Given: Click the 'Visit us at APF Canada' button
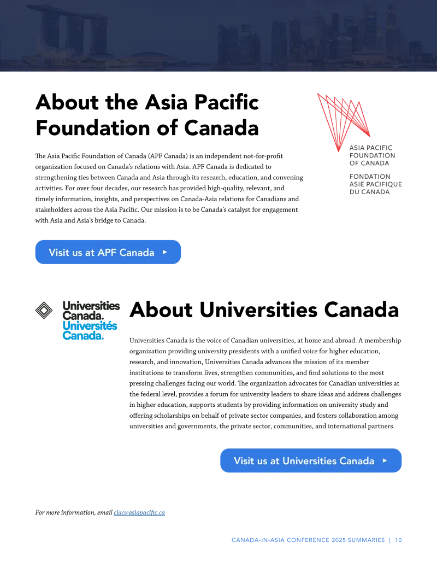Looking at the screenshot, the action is pyautogui.click(x=108, y=252).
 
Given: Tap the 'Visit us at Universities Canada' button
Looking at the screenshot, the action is pyautogui.click(x=311, y=460).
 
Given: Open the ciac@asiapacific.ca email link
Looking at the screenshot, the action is pyautogui.click(x=139, y=512).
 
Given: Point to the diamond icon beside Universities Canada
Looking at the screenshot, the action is pyautogui.click(x=44, y=310).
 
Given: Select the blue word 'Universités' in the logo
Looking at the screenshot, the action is pyautogui.click(x=90, y=325).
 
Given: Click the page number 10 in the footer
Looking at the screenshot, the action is pyautogui.click(x=398, y=540).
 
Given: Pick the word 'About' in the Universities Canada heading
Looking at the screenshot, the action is pyautogui.click(x=161, y=310).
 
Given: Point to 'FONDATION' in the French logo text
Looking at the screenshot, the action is pyautogui.click(x=370, y=177).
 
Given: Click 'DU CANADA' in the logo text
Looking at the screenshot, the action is pyautogui.click(x=369, y=192).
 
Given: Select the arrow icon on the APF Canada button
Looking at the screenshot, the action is pyautogui.click(x=165, y=252).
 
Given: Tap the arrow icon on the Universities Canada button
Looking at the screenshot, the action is pyautogui.click(x=385, y=460).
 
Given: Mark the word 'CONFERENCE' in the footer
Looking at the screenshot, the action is pyautogui.click(x=308, y=540).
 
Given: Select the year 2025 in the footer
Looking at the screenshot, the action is pyautogui.click(x=339, y=540).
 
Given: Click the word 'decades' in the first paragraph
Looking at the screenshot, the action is pyautogui.click(x=116, y=188).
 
